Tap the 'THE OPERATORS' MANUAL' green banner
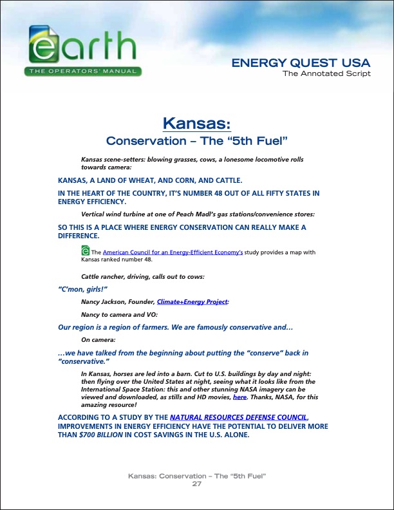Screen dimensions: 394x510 coord(84,71)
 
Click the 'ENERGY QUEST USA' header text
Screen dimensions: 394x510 coord(301,63)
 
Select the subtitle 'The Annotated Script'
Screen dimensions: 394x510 coord(326,73)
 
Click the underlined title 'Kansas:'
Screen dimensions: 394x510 coord(196,122)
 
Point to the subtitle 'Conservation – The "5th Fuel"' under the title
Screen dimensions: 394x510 coord(196,140)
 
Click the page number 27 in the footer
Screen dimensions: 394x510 coord(197,484)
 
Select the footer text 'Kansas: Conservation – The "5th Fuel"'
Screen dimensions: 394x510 coord(197,476)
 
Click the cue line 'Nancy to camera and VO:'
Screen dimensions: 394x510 coord(119,314)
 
